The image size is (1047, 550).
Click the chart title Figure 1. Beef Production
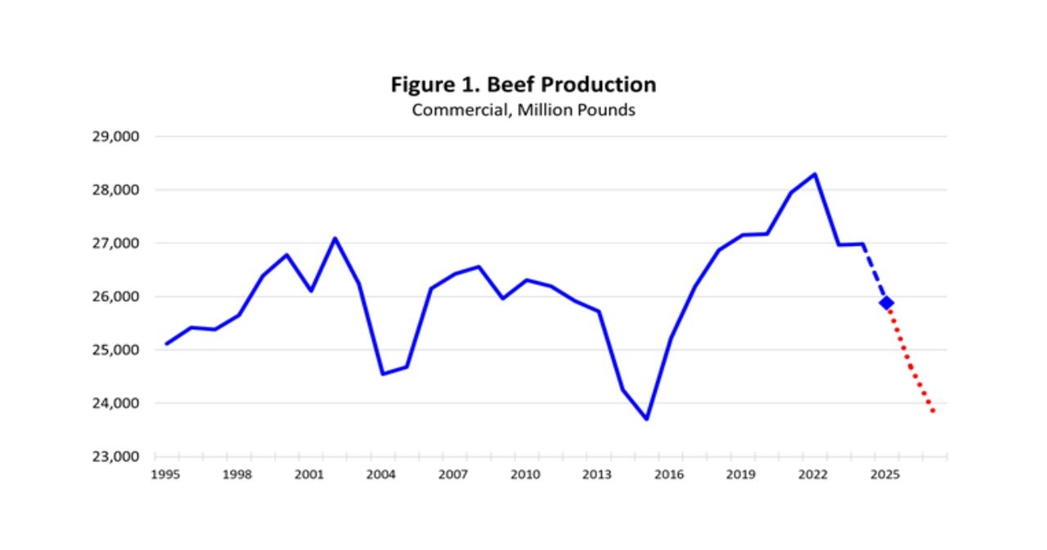pos(523,85)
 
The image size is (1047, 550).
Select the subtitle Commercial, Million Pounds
pos(523,111)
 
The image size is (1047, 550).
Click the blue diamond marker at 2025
pos(886,302)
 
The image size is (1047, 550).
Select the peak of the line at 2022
pos(814,174)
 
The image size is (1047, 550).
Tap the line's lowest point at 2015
pos(647,419)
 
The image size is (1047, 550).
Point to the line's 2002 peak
pos(334,238)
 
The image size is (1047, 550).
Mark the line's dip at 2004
pos(382,374)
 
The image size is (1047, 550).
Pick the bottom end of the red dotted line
pos(934,410)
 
